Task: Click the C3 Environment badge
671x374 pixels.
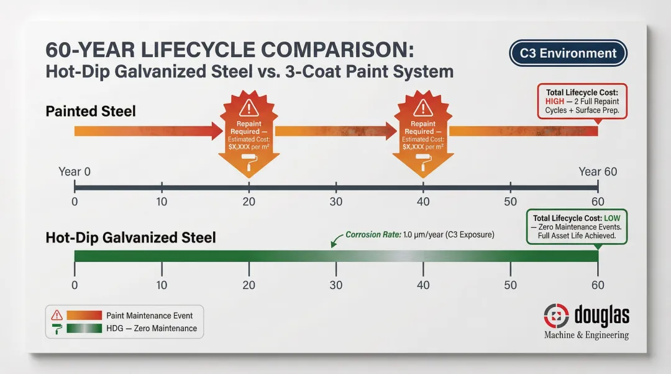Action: (568, 53)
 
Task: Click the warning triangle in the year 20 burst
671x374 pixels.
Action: (249, 107)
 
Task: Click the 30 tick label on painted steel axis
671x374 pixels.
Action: (336, 202)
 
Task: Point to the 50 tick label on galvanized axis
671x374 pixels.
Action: (510, 285)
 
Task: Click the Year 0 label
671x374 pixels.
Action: (75, 172)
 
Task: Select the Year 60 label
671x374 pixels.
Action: (597, 172)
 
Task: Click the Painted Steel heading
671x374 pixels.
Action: (91, 112)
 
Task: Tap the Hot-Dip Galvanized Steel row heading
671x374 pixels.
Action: (130, 238)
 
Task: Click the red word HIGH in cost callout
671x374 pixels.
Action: (555, 101)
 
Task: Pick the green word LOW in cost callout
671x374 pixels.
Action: (616, 218)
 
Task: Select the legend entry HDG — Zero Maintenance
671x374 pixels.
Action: (151, 328)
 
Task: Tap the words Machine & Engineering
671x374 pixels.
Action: (586, 335)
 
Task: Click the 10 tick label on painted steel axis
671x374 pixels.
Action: (162, 202)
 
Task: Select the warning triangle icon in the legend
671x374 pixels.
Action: (57, 315)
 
